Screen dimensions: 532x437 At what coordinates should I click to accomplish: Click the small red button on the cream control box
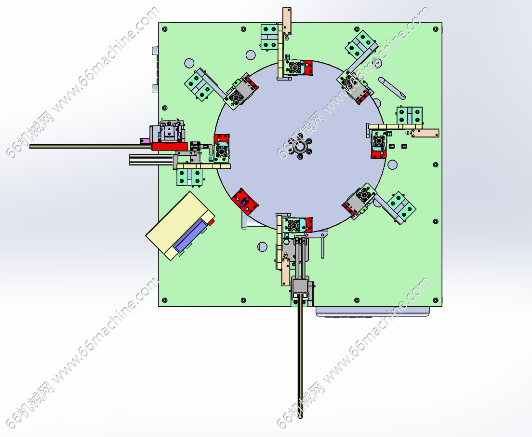(x=211, y=222)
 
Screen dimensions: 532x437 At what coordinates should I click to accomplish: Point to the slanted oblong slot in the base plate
(x=392, y=88)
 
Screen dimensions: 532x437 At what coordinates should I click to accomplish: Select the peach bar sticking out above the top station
(x=287, y=21)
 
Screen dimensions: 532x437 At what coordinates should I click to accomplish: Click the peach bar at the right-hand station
(x=425, y=133)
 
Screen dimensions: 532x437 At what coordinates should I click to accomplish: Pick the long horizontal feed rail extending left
(x=91, y=146)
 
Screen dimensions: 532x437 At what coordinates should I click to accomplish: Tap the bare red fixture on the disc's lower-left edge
(x=244, y=202)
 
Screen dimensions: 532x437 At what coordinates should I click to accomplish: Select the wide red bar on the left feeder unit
(x=169, y=146)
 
